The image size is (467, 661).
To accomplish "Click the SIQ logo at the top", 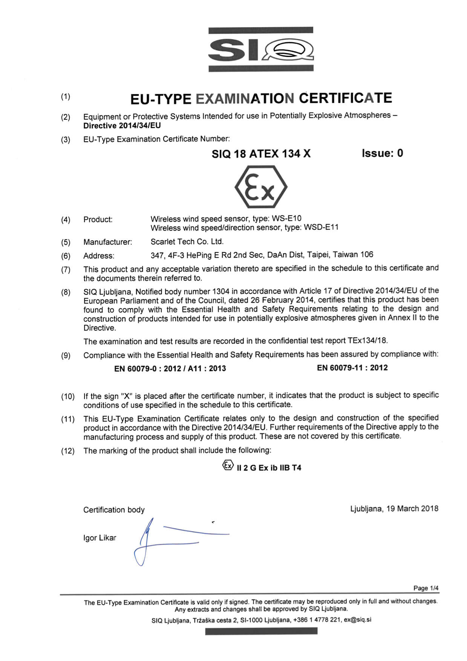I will click(261, 49).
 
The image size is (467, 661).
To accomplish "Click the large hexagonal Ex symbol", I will click(261, 187).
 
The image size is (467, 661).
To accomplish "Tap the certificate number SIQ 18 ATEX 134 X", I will click(261, 154).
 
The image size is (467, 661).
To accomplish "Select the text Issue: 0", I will click(382, 153).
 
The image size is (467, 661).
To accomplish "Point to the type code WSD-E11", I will click(321, 227).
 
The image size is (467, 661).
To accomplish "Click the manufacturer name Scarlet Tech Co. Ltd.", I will click(187, 242).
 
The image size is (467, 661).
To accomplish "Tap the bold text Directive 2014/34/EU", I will click(122, 126).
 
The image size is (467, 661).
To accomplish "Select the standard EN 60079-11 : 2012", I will click(352, 368).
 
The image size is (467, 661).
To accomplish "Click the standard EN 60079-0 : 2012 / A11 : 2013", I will click(170, 369).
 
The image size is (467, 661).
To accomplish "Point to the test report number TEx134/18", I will click(367, 341).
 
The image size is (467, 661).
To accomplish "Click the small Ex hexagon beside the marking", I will click(228, 466).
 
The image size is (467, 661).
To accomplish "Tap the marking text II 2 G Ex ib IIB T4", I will click(269, 468).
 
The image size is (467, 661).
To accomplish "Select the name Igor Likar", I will click(100, 538).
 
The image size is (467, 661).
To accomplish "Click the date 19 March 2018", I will click(412, 509).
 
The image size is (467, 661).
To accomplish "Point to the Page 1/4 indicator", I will click(426, 588).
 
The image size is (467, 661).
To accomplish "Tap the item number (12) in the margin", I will click(68, 451).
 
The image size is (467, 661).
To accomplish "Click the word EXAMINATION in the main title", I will click(245, 99).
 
